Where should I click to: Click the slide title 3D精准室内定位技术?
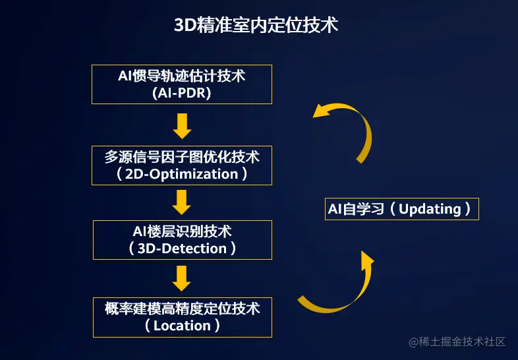point(256,25)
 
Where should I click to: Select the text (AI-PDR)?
point(182,93)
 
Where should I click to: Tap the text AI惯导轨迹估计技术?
point(182,76)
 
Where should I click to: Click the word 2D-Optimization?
point(182,174)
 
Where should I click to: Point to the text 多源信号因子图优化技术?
point(182,157)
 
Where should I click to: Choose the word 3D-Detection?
point(182,249)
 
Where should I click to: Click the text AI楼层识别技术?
point(182,231)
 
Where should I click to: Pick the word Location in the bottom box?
point(182,326)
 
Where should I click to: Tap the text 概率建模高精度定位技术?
point(182,309)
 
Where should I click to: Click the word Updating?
point(430,209)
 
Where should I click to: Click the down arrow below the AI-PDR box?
point(182,126)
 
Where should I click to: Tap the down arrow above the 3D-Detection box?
point(182,202)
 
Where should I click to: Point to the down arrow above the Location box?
point(182,278)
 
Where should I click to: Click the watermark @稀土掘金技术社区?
point(457,342)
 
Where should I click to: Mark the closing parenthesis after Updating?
point(467,209)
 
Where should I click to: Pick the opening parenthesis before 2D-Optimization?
point(119,174)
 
